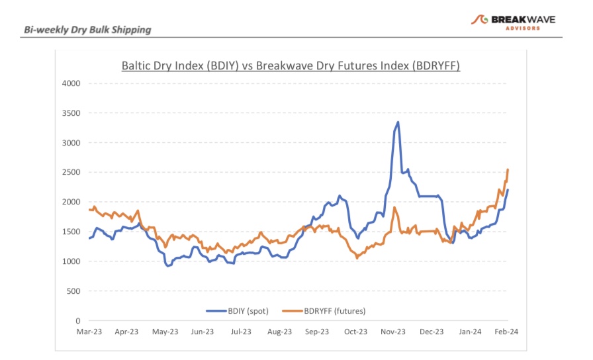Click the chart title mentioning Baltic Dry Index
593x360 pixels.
click(291, 66)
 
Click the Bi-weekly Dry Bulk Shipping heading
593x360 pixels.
click(87, 29)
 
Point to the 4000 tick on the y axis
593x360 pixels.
click(71, 83)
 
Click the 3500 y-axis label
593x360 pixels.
click(71, 113)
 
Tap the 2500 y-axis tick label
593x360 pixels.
click(71, 172)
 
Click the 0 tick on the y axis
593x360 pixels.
click(77, 321)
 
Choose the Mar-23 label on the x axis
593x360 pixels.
click(88, 332)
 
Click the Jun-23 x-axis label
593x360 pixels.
click(203, 332)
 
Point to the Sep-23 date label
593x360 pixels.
click(316, 332)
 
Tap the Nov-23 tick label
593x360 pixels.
click(393, 332)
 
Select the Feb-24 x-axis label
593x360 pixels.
click(507, 332)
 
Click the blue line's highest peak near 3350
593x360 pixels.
click(398, 122)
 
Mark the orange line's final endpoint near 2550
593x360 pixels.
click(508, 169)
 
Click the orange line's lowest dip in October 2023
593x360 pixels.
click(357, 257)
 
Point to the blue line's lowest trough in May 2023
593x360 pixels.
click(168, 266)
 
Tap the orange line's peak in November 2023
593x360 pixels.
click(394, 207)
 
